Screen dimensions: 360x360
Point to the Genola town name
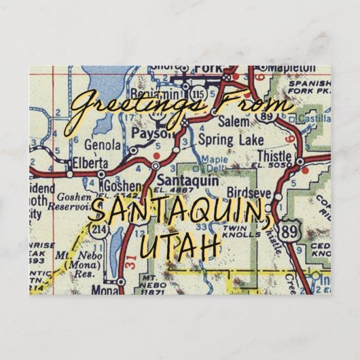tap(103, 145)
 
